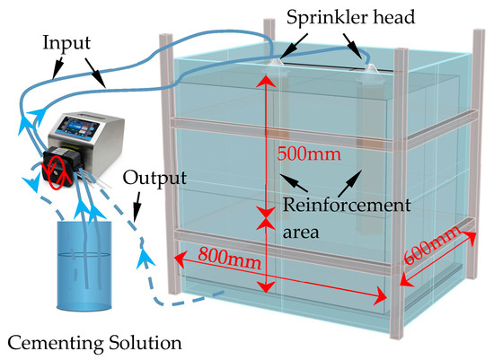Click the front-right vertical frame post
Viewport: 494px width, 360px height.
396,206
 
